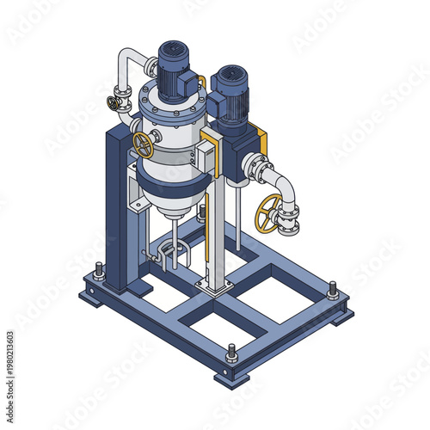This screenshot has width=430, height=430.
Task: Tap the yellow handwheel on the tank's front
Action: click(144, 144)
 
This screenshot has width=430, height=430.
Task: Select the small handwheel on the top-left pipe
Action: click(114, 103)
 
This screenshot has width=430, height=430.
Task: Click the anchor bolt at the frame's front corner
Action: click(231, 353)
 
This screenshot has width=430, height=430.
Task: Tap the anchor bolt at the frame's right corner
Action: click(333, 291)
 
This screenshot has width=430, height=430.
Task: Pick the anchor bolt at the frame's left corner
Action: click(100, 273)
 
